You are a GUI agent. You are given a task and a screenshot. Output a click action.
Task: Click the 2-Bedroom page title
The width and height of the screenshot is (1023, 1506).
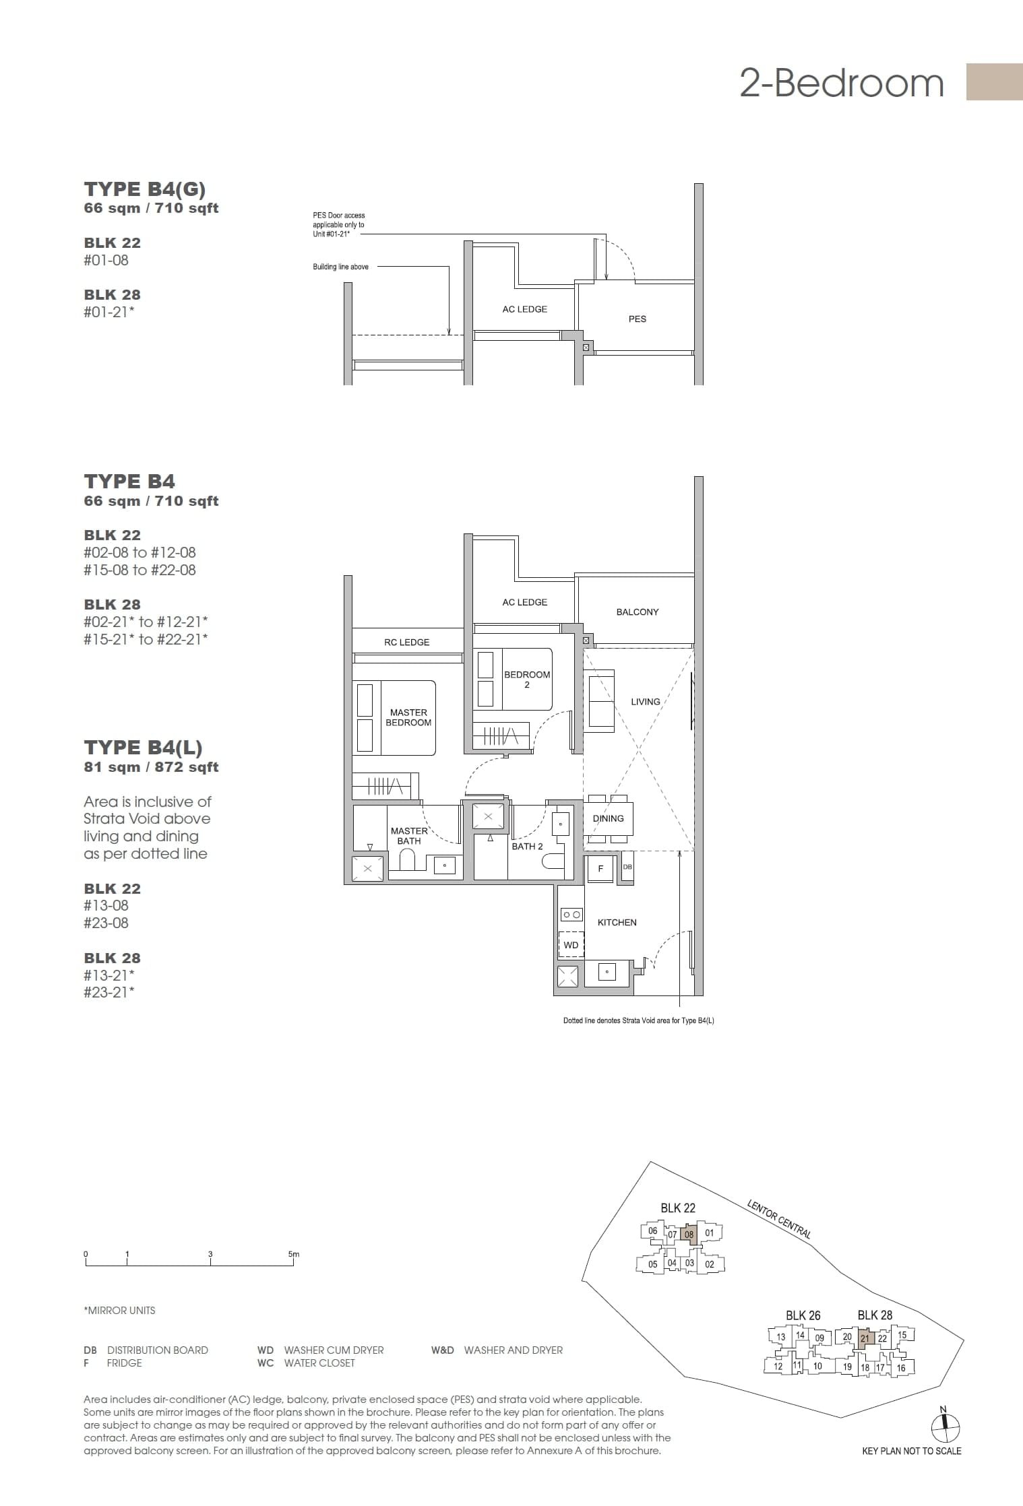841,83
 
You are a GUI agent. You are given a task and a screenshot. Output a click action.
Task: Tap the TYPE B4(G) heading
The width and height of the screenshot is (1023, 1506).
144,189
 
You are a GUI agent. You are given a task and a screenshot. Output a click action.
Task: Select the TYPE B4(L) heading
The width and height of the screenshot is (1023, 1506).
143,747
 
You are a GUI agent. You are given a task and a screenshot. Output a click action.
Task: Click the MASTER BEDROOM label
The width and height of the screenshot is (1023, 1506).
408,717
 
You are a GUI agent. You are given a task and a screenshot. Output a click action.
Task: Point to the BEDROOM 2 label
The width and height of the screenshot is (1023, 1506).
527,679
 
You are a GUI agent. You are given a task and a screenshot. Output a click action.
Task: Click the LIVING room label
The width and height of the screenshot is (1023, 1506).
645,702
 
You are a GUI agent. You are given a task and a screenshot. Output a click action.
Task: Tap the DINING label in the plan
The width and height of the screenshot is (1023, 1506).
608,818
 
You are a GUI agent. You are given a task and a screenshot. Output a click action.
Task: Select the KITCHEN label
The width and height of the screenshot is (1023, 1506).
617,922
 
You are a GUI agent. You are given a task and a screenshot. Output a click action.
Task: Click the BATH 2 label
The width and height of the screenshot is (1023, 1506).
527,846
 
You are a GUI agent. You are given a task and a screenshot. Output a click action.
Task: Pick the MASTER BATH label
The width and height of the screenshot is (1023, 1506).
409,836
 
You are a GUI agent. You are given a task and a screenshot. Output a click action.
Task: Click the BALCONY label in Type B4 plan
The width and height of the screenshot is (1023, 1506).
637,612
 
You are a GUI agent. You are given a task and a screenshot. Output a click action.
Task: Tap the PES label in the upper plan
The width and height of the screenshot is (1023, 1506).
637,319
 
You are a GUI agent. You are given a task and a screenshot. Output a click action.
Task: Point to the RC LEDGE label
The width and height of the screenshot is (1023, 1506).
406,642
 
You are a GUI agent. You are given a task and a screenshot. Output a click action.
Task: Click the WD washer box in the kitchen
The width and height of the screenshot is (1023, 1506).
571,945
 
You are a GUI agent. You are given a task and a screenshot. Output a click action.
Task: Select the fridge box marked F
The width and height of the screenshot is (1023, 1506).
600,868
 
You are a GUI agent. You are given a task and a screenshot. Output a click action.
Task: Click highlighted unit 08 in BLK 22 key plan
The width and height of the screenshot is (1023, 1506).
689,1234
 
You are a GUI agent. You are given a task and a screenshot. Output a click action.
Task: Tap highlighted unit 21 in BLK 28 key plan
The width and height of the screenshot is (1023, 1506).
865,1338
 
